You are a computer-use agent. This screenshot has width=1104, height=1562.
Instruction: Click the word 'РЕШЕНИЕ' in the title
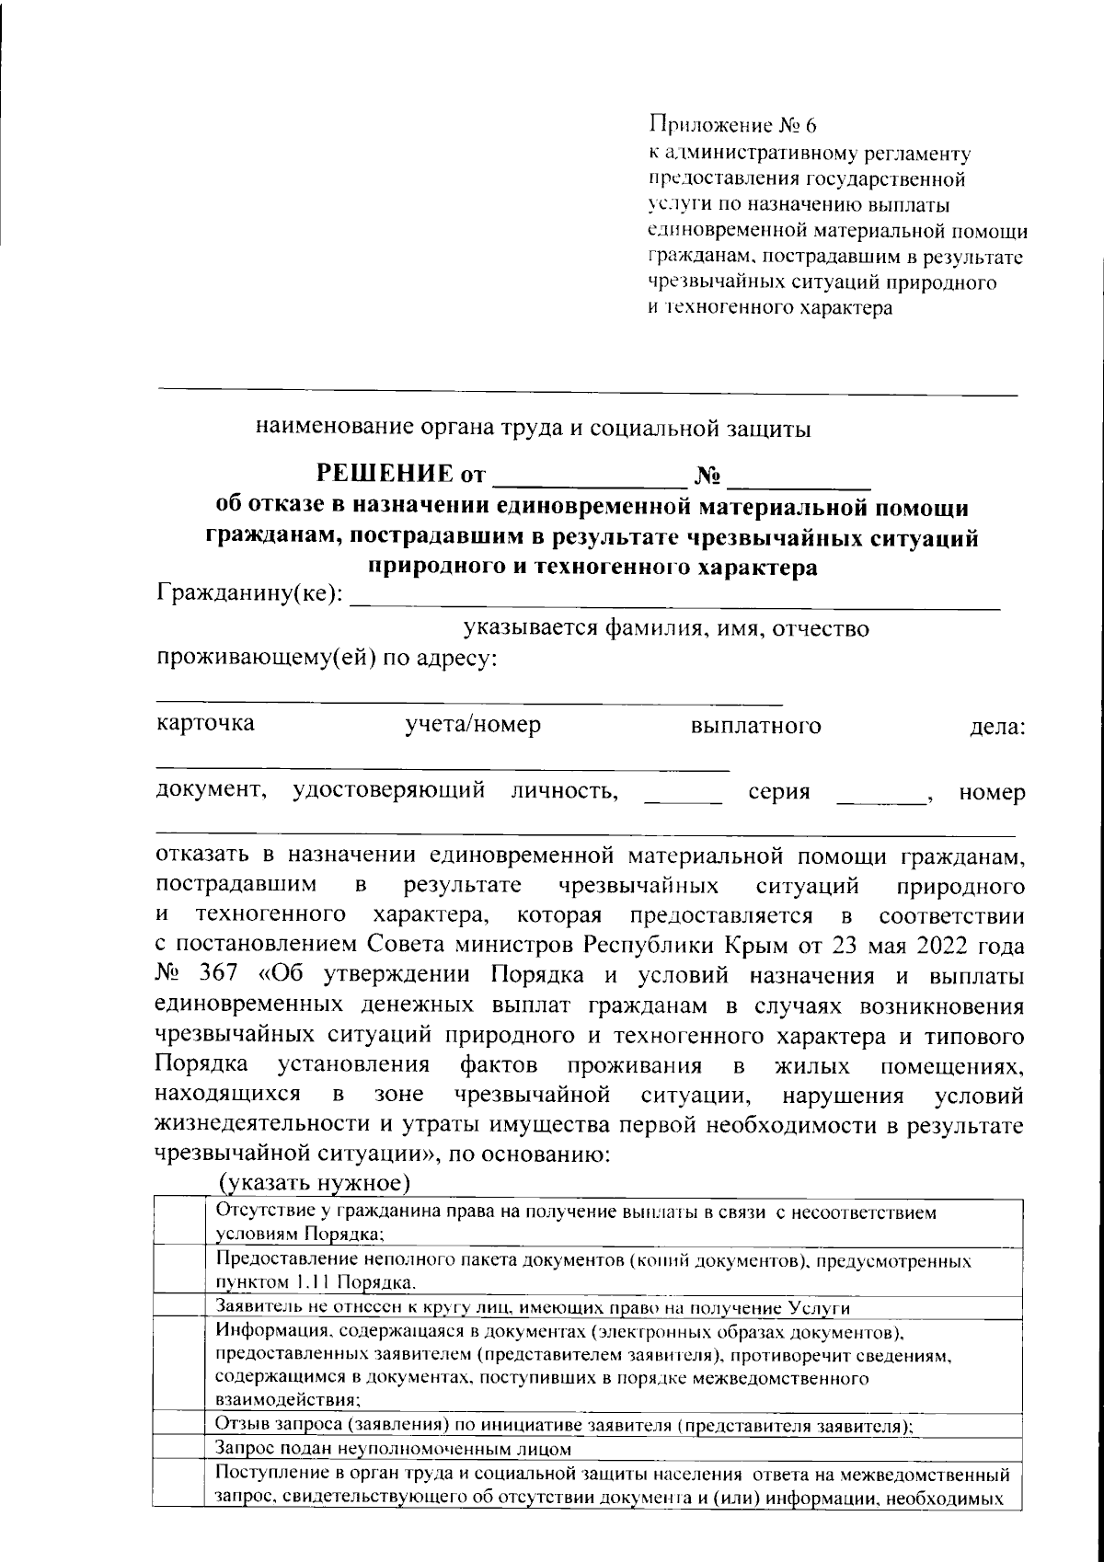coord(385,475)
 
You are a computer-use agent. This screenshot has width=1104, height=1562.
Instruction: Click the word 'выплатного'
coord(755,726)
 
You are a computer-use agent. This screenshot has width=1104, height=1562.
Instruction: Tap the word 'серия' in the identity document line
coord(778,792)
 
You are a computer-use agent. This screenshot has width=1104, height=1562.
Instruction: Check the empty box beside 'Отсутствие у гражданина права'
coord(178,1223)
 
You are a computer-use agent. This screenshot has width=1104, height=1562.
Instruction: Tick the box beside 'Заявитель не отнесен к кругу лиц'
coord(178,1307)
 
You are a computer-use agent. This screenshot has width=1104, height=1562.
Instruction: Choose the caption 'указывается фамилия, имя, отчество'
coord(665,629)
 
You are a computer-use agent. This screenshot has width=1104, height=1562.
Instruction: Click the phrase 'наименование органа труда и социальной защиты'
coord(534,429)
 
